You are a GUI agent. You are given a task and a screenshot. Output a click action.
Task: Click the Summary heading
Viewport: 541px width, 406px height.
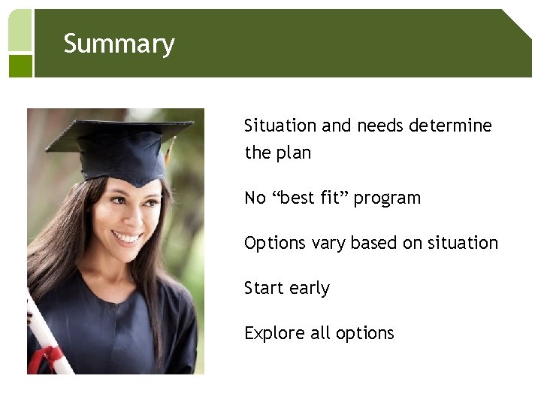119,44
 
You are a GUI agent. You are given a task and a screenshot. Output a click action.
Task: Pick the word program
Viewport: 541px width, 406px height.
387,198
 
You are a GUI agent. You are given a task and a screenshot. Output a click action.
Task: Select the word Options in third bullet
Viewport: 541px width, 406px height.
272,244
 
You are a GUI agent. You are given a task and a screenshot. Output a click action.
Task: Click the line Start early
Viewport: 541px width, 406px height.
287,288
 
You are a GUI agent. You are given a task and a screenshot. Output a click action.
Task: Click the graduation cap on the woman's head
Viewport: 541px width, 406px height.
120,147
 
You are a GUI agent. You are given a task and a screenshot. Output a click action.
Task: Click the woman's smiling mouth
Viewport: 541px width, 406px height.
127,238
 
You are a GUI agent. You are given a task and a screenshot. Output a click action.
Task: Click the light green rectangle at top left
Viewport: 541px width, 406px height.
20,30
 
